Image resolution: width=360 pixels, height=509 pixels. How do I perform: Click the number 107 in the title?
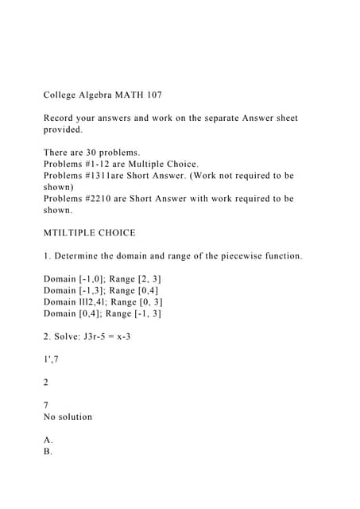click(x=152, y=95)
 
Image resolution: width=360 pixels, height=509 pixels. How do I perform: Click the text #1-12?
click(x=111, y=163)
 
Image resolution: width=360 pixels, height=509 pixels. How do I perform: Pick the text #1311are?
click(x=119, y=175)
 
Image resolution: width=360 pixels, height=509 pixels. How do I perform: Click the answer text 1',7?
click(x=52, y=359)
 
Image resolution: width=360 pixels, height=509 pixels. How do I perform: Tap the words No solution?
click(x=68, y=417)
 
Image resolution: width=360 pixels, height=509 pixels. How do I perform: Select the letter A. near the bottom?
click(x=48, y=440)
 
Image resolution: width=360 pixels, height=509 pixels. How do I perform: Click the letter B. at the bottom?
click(x=48, y=451)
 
